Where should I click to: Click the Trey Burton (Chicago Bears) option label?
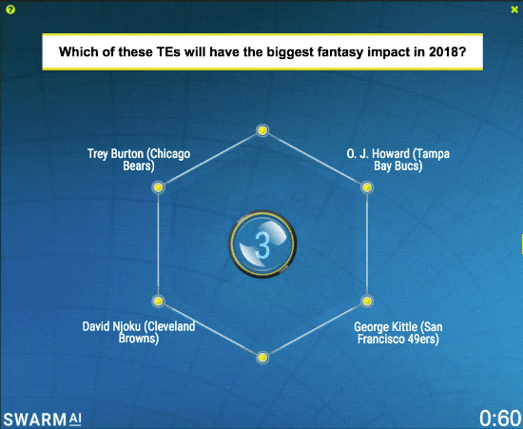(139, 160)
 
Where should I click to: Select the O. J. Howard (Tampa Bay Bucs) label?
(397, 160)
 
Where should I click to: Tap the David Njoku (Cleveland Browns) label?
(139, 332)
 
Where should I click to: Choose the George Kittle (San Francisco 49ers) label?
(398, 333)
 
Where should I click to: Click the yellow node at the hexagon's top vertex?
(262, 130)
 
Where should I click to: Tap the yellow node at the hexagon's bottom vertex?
(262, 358)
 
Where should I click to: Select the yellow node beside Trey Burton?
(159, 187)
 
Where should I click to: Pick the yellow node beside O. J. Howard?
(367, 187)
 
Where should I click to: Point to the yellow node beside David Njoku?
(159, 302)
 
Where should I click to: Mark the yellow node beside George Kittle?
(367, 302)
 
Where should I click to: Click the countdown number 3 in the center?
(262, 244)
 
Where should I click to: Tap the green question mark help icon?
(10, 10)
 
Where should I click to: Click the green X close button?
(514, 10)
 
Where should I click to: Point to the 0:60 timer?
(500, 418)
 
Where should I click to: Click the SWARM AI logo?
(43, 419)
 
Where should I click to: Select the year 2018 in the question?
(443, 51)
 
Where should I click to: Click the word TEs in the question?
(168, 51)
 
